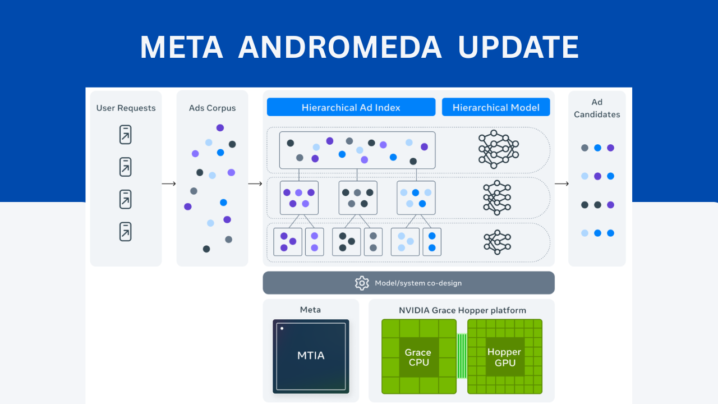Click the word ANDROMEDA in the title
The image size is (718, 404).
(339, 47)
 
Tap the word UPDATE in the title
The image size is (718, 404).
(518, 47)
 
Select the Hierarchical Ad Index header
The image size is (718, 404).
(351, 107)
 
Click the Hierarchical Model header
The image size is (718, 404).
(496, 107)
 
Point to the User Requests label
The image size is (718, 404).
(126, 108)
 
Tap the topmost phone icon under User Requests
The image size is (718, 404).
(126, 135)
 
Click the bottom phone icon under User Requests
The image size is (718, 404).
(126, 231)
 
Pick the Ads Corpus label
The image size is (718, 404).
(212, 108)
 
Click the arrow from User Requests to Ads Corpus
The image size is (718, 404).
(169, 183)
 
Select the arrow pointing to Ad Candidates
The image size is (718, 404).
(561, 183)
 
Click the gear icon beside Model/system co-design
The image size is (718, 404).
(362, 283)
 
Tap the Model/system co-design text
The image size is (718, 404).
(418, 283)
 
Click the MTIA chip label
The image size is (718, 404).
(311, 355)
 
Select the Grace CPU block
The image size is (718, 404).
(418, 357)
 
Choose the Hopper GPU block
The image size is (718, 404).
(504, 357)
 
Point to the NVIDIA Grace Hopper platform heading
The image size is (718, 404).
(462, 310)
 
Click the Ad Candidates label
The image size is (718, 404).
(597, 108)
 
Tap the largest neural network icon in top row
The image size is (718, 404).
(498, 149)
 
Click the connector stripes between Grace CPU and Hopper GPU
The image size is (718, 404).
(462, 356)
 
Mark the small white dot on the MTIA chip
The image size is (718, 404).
(282, 328)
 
